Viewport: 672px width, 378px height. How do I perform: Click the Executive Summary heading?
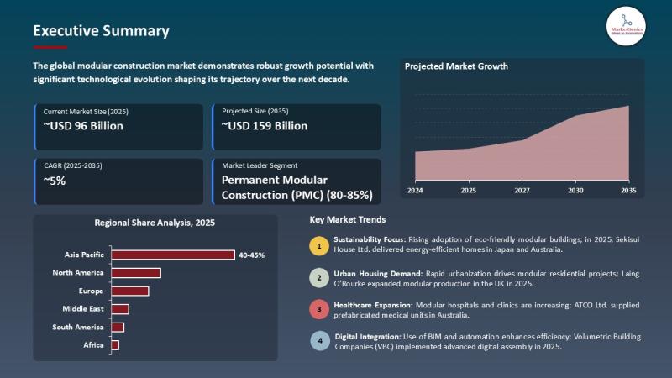tap(101, 31)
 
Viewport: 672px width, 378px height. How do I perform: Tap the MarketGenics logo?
tap(626, 26)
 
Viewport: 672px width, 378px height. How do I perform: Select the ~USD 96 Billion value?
tap(83, 126)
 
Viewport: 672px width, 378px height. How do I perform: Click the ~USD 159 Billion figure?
tap(265, 126)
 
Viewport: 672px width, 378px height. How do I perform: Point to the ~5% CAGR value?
tap(55, 180)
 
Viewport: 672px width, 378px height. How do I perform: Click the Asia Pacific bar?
tap(173, 255)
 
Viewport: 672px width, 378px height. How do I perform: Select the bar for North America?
tap(136, 272)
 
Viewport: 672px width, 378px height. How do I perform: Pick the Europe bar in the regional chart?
tap(129, 291)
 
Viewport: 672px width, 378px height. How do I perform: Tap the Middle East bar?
tap(120, 309)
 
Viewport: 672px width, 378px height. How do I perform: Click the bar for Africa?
tap(115, 345)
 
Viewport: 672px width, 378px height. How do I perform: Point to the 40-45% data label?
tap(251, 255)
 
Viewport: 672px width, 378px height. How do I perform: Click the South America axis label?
tap(78, 327)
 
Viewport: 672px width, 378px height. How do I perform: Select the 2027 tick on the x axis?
tap(522, 191)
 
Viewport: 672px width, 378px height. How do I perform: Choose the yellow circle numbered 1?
tap(319, 245)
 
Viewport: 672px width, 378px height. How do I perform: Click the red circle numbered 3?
tap(319, 309)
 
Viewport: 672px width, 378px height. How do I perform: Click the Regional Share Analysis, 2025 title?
tap(155, 223)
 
